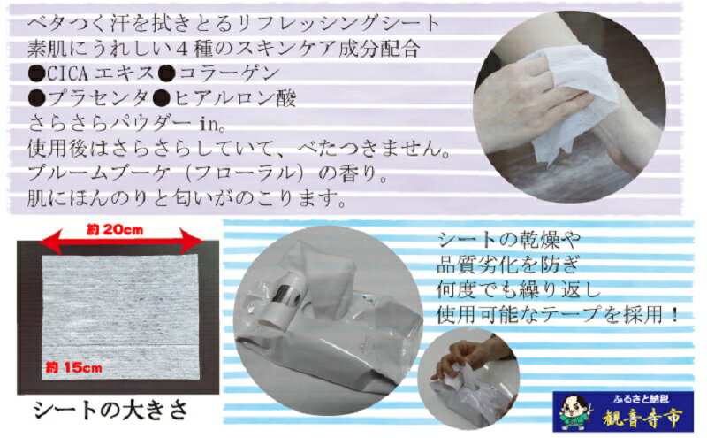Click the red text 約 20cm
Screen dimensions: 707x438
pyautogui.click(x=115, y=229)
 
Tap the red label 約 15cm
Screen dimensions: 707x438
pyautogui.click(x=74, y=367)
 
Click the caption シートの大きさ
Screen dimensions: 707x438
pyautogui.click(x=110, y=410)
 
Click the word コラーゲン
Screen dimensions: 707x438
pyautogui.click(x=228, y=73)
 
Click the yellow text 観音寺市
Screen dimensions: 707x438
pyautogui.click(x=642, y=419)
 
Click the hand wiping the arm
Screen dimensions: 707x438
pyautogui.click(x=529, y=97)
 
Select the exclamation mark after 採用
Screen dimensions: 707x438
pyautogui.click(x=674, y=315)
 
